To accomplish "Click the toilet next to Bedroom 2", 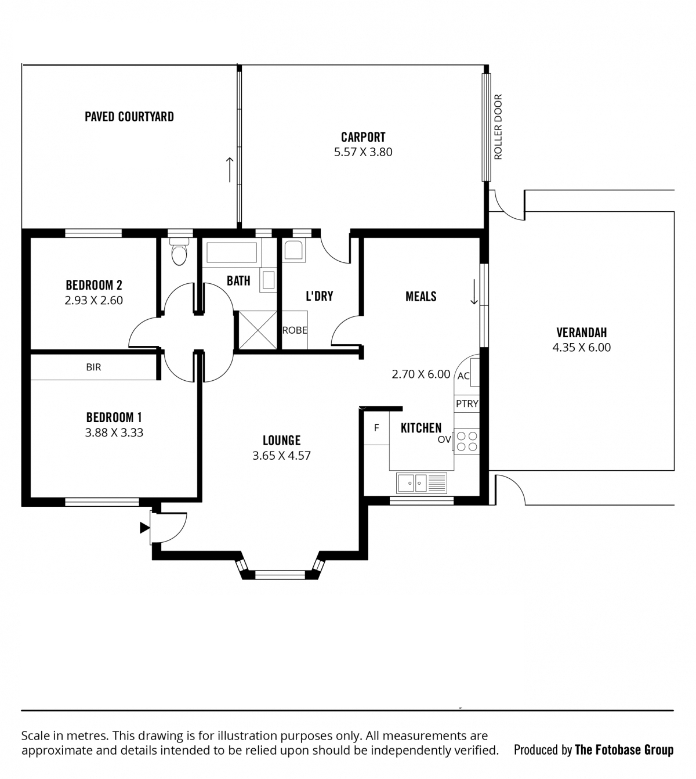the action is (x=179, y=251).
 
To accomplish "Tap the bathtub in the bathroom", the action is (x=231, y=253).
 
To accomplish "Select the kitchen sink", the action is (x=421, y=483).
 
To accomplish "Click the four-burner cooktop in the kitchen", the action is (x=466, y=441).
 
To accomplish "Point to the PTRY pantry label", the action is (x=466, y=404).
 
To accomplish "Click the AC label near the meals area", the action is (x=463, y=376).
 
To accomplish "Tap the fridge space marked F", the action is (x=376, y=428).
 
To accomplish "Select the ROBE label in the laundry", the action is (x=295, y=330).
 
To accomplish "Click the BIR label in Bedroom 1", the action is (x=93, y=367).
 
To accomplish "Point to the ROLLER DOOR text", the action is (x=498, y=127).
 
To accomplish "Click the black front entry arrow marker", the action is (x=144, y=528).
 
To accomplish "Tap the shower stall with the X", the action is (x=258, y=330).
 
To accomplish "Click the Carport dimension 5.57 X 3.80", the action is (x=363, y=152).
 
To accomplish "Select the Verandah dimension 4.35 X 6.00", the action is (x=581, y=348).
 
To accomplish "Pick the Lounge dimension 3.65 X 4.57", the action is (x=281, y=456).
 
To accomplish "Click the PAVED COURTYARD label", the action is (x=129, y=117).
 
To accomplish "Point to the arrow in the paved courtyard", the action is (x=230, y=169).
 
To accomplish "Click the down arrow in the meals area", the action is (x=474, y=292).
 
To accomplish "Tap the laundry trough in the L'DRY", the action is (x=294, y=250).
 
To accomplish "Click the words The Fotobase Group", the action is (x=623, y=750).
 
